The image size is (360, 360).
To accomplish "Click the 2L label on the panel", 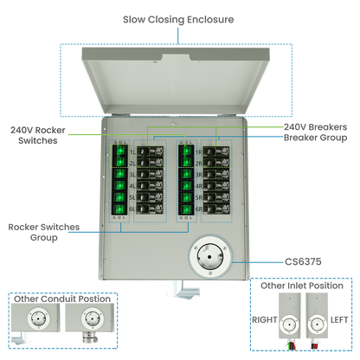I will tap(132, 163).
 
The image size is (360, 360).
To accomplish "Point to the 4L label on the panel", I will tap(132, 187).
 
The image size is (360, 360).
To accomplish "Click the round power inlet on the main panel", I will tap(209, 257).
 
